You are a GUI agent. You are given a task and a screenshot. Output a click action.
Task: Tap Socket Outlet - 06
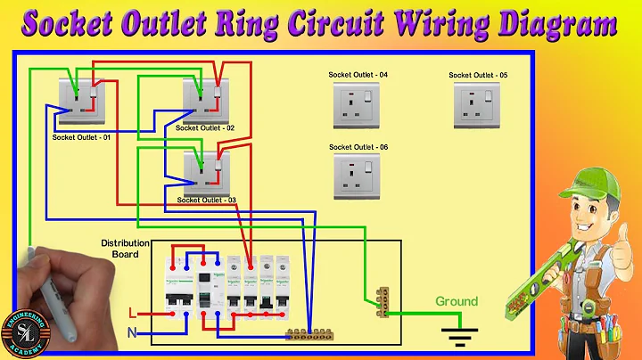(x=357, y=177)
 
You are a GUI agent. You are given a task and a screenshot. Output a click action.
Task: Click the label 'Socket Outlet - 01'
(x=81, y=137)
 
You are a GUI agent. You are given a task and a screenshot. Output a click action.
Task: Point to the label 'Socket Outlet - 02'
(x=205, y=128)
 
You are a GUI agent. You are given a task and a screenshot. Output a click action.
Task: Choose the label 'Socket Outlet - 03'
(x=206, y=200)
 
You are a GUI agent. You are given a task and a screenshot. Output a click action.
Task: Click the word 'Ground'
(x=456, y=301)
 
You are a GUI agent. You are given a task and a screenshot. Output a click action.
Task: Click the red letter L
(x=132, y=315)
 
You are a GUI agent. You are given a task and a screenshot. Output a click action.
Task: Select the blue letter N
(x=132, y=333)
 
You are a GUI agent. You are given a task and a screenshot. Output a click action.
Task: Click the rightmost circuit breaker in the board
(x=282, y=285)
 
